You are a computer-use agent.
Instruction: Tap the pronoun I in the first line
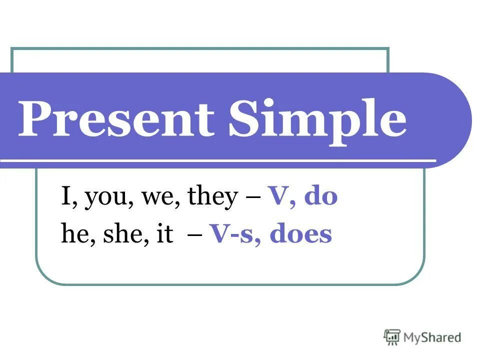(x=65, y=197)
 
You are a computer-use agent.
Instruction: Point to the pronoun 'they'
(x=211, y=198)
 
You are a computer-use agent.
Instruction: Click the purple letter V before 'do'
(x=276, y=197)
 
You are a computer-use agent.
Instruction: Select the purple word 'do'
(x=320, y=197)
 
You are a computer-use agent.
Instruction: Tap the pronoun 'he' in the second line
(x=73, y=234)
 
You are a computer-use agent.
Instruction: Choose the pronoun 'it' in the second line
(x=164, y=234)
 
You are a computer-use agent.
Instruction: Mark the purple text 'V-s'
(x=232, y=234)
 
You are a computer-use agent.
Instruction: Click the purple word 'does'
(x=300, y=234)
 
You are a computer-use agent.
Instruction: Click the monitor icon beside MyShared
(x=392, y=337)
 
